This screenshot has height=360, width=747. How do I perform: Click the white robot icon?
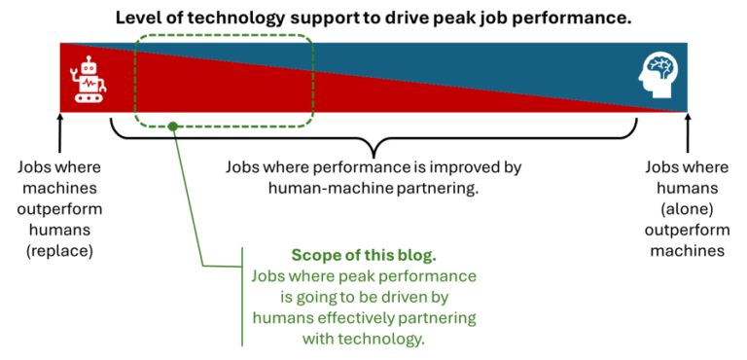click(x=89, y=79)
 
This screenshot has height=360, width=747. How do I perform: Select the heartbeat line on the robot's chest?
click(x=89, y=84)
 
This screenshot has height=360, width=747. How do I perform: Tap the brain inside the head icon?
click(x=662, y=69)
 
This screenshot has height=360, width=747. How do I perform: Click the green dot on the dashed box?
click(x=172, y=126)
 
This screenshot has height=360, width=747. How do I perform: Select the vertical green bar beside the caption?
click(x=241, y=296)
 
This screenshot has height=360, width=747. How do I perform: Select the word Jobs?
click(x=268, y=277)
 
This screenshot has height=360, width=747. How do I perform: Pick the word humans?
click(x=282, y=318)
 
